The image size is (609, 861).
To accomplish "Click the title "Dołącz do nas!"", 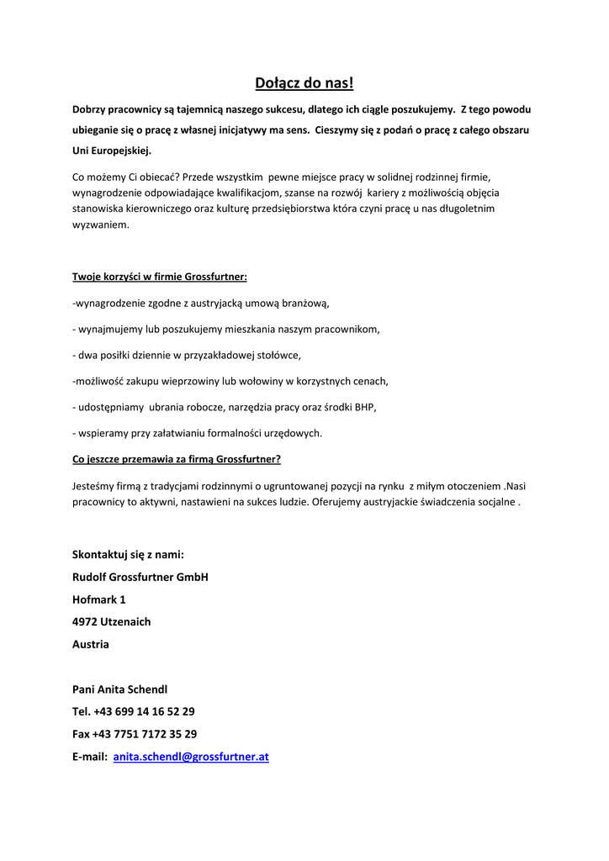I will point(304,82).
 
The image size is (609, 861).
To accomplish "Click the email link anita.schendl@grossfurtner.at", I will point(191,757).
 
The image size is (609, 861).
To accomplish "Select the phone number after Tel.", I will point(144,711).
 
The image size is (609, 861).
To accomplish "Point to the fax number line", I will point(135,734).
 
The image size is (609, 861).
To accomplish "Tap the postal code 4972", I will point(85,622).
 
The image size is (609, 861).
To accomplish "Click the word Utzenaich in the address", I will point(126,622).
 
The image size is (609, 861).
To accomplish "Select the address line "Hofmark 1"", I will point(99,600).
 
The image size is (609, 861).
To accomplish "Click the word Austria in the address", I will point(91,645).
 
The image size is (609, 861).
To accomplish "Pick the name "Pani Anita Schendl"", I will point(120,689).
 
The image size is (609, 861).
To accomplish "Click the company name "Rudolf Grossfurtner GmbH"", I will point(140,578).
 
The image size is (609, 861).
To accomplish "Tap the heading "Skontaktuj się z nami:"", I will point(128,555).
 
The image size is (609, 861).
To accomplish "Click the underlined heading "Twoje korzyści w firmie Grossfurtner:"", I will point(160,277).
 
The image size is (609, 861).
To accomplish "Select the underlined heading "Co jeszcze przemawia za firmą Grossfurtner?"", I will point(177,459).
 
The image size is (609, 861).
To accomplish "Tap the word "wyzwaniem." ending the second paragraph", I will point(101,225).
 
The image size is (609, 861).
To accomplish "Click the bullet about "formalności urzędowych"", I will point(198,433).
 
